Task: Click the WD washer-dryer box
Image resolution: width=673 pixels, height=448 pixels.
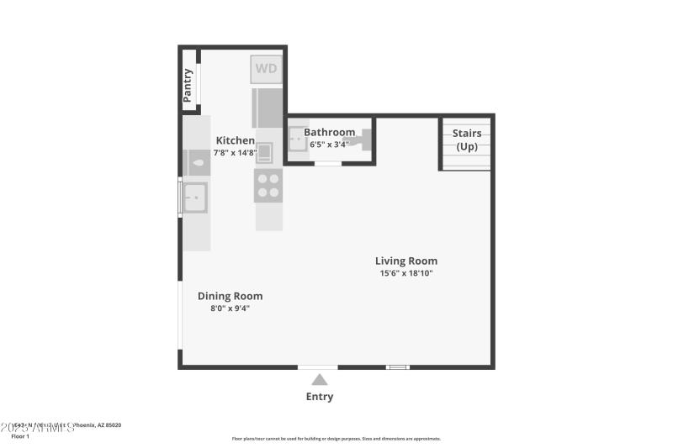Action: (266, 69)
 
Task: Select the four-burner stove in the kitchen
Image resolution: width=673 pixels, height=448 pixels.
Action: (268, 186)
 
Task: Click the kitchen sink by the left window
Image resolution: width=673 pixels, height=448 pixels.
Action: (195, 198)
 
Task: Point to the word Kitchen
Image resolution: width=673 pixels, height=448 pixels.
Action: (236, 140)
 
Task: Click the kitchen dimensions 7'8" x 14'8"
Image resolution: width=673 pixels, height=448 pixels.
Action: (236, 153)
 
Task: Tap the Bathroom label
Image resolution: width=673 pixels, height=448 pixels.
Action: (329, 132)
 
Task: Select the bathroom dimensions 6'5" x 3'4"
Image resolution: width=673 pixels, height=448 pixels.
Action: (329, 144)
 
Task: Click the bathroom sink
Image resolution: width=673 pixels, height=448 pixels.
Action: (298, 140)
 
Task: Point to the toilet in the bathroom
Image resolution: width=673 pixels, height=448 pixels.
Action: (363, 139)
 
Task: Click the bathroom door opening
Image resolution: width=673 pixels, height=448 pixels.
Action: (328, 163)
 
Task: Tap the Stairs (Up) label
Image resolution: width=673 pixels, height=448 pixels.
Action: (466, 140)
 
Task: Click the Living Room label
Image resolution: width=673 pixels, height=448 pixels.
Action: (406, 261)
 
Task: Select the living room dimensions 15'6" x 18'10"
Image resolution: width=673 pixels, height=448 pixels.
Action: (406, 273)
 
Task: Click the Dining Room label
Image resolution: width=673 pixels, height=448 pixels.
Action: (230, 296)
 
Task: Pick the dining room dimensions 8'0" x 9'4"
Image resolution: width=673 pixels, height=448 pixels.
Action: (230, 308)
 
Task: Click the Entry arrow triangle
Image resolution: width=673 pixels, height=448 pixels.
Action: (320, 380)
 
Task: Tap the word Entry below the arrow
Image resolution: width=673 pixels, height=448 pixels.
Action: (320, 397)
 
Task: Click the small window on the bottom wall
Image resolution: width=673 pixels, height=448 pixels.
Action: (397, 366)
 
